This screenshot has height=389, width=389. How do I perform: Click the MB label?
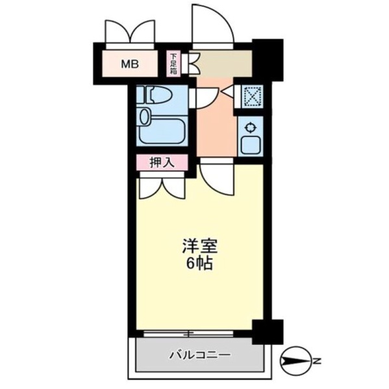tap(130, 64)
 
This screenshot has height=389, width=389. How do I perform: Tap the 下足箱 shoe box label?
tap(173, 64)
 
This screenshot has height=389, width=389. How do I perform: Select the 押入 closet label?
tap(162, 163)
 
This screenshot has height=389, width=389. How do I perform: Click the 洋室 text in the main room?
tap(200, 246)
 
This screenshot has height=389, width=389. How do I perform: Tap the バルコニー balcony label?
tap(200, 355)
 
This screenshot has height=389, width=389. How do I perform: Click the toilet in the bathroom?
tap(155, 95)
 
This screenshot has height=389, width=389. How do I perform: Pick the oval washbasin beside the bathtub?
tap(144, 117)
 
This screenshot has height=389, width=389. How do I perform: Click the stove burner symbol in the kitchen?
tap(250, 128)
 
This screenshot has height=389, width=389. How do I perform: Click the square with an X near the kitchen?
tap(253, 96)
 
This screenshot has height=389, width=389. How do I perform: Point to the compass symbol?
tap(295, 360)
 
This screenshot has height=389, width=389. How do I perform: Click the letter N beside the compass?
tap(316, 360)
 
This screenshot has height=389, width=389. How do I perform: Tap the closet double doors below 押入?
tap(162, 188)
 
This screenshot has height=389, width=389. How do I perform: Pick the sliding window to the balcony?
tap(188, 334)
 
